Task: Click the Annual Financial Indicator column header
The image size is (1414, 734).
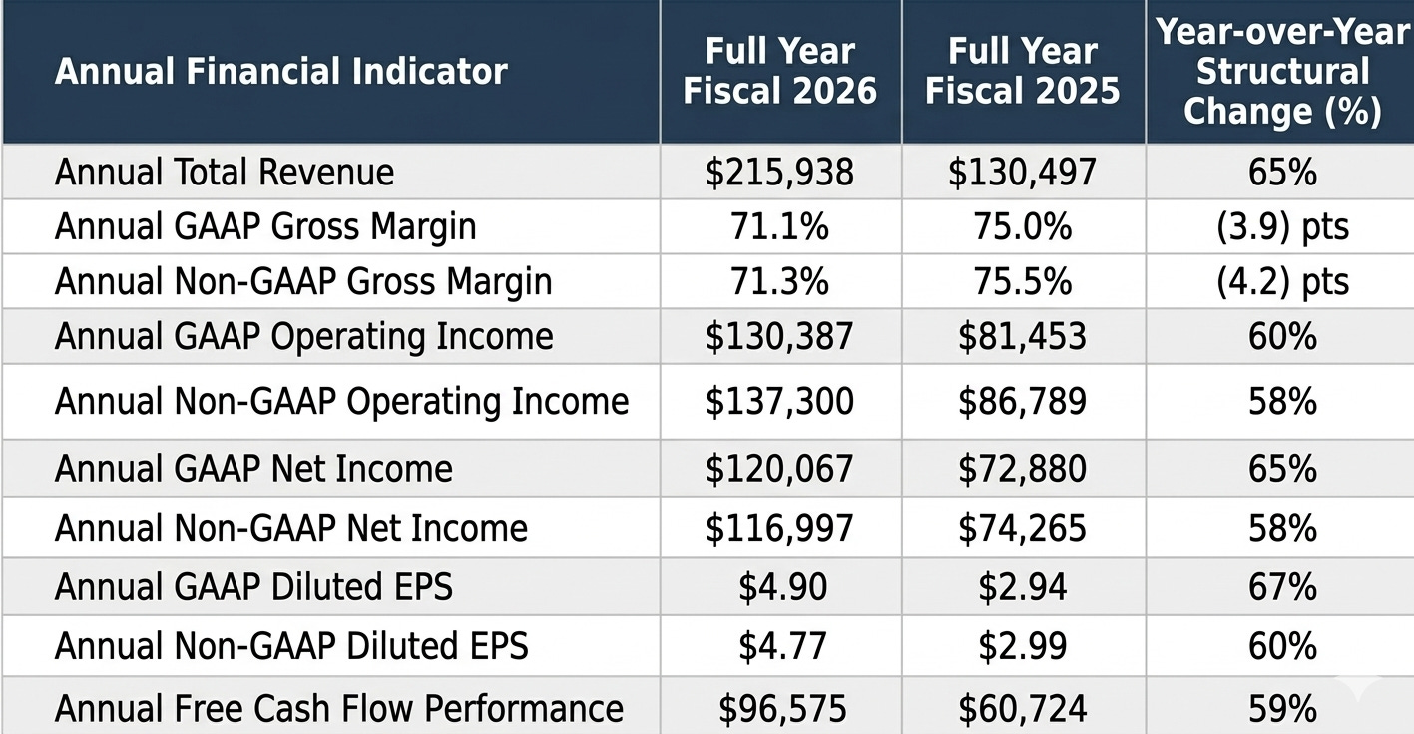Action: [x=281, y=71]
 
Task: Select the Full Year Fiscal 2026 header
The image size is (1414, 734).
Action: [x=780, y=71]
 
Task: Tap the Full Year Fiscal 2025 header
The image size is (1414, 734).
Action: [x=1023, y=71]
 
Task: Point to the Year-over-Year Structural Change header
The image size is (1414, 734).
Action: [x=1282, y=71]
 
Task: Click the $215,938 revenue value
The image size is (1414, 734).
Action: [x=779, y=172]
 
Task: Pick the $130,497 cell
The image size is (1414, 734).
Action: [x=1023, y=172]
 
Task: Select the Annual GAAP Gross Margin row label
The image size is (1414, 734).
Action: [x=265, y=226]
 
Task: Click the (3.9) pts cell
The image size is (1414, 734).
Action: [x=1282, y=227]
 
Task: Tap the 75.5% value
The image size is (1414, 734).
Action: [x=1023, y=281]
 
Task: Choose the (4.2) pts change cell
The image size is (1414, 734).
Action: [x=1282, y=282]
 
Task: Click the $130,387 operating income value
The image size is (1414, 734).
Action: [x=779, y=336]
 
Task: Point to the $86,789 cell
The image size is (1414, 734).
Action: [x=1023, y=401]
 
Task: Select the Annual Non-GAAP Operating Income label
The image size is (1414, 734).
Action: [x=341, y=401]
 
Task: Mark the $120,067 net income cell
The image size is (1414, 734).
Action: [x=779, y=469]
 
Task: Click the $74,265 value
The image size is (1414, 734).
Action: [x=1023, y=528]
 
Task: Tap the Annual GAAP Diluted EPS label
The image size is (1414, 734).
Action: [x=253, y=587]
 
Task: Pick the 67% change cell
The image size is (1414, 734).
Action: [x=1282, y=587]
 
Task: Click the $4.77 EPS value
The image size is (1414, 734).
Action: [x=782, y=646]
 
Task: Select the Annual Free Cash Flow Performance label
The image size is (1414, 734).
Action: [x=339, y=708]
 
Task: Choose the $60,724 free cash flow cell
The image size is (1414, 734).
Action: [x=1023, y=708]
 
